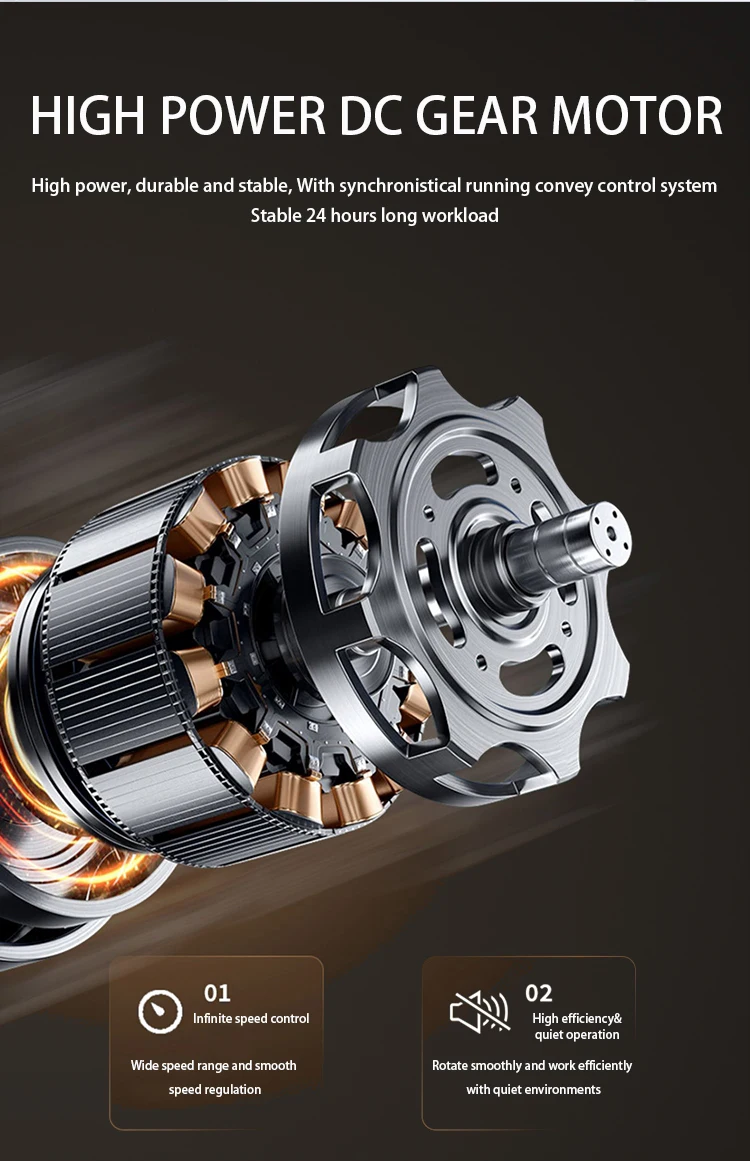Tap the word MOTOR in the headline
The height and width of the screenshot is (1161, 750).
[x=637, y=116]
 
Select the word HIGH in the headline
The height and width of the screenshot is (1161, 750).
[x=88, y=116]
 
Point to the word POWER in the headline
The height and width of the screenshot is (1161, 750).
[x=243, y=116]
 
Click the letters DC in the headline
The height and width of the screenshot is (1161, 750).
[x=370, y=116]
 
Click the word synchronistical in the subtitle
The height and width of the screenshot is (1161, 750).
[x=400, y=186]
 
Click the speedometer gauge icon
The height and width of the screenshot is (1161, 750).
[x=160, y=1011]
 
